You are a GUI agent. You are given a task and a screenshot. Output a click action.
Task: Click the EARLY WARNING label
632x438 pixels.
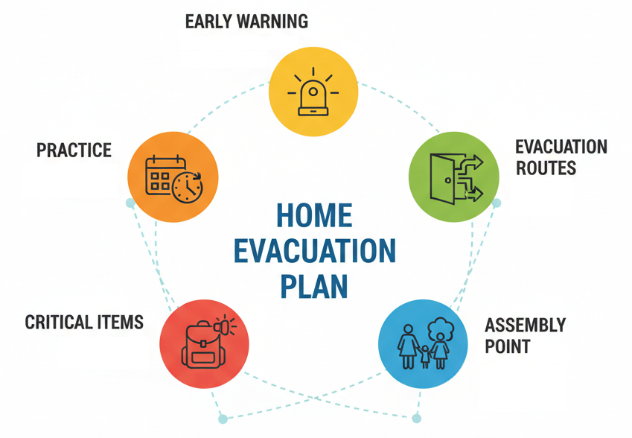tap(246, 22)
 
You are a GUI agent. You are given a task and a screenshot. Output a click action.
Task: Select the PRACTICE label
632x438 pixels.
tap(74, 150)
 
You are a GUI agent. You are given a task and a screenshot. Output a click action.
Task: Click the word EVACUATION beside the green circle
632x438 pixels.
tap(561, 147)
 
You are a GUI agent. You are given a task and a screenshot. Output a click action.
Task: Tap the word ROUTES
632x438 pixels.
tap(546, 168)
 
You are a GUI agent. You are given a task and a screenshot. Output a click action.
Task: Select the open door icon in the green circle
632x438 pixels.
tap(443, 178)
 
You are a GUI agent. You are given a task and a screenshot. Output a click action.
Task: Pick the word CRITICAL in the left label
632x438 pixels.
tap(54, 323)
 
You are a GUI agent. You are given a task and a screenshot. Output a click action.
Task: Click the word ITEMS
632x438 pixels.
tap(115, 323)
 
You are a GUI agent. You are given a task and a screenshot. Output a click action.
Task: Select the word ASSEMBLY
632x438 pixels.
tap(526, 325)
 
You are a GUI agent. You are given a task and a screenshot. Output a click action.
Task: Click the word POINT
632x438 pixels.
tap(508, 346)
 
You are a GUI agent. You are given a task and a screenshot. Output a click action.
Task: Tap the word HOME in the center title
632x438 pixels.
tap(314, 215)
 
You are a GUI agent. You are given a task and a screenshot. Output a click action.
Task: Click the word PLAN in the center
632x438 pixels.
tap(314, 286)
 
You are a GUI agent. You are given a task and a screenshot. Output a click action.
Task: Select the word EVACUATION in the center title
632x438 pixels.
tap(315, 251)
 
